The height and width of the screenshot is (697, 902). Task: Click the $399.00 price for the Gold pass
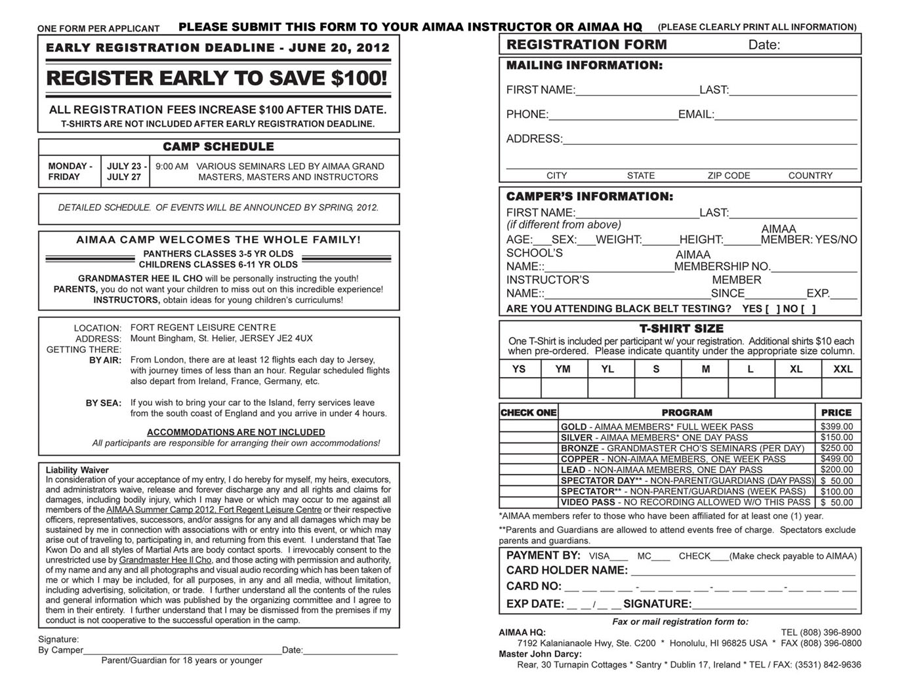(x=836, y=426)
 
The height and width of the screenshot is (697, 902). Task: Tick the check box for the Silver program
(x=528, y=437)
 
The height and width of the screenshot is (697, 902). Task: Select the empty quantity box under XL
(x=797, y=388)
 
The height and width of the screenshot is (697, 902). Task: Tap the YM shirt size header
(x=563, y=369)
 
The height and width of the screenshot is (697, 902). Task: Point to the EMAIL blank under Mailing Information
(x=785, y=115)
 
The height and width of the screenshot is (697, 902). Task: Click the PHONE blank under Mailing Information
(x=613, y=115)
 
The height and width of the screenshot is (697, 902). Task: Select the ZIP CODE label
(x=728, y=176)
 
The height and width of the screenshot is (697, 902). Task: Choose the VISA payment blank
(x=619, y=557)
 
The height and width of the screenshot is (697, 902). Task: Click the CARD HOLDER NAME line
(x=743, y=571)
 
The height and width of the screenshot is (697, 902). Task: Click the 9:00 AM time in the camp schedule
(x=172, y=167)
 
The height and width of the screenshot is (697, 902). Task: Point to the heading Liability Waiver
(x=77, y=470)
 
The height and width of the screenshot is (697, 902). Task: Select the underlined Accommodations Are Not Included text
(x=236, y=432)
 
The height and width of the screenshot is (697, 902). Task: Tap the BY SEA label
(x=103, y=403)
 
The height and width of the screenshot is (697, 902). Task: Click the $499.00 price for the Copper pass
(x=836, y=459)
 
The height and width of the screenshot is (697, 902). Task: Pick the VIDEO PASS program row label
(x=587, y=502)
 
